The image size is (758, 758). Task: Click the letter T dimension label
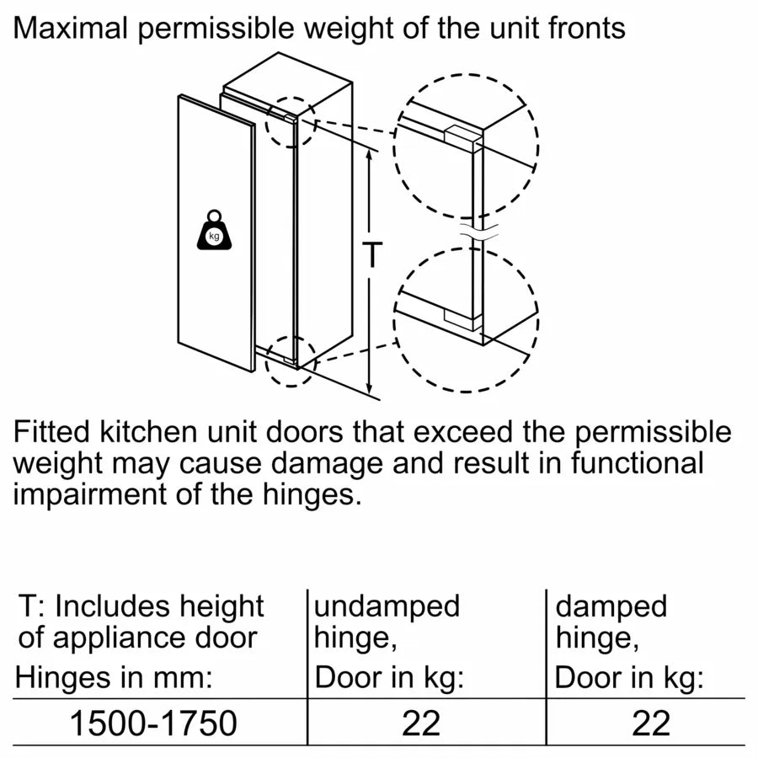pos(371,254)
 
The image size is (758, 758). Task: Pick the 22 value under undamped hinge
pos(420,723)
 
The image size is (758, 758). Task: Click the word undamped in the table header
pos(387,606)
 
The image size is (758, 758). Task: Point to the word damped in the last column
pos(611,606)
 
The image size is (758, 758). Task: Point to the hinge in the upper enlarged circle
pos(462,135)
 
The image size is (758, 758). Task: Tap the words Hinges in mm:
pos(115,676)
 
